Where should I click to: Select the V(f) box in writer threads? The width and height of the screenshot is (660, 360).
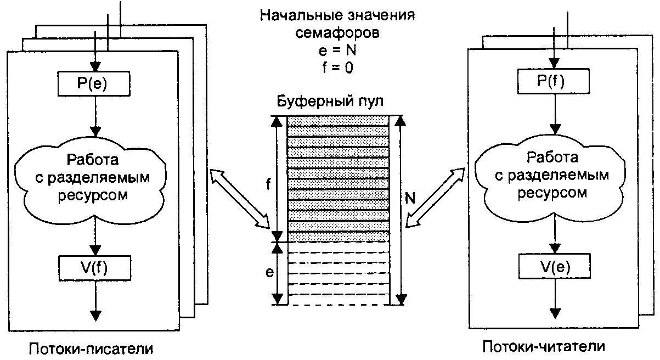94,267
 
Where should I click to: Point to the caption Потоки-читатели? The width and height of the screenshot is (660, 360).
544,347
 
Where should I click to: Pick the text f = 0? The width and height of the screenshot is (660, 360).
337,69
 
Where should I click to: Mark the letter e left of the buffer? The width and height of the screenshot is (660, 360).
269,273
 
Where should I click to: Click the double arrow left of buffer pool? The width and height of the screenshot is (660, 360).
240,198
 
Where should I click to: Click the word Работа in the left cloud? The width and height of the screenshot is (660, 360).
92,160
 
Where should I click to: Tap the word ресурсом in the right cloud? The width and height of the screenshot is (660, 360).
553,193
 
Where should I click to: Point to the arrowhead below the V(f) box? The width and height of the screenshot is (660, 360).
95,315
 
